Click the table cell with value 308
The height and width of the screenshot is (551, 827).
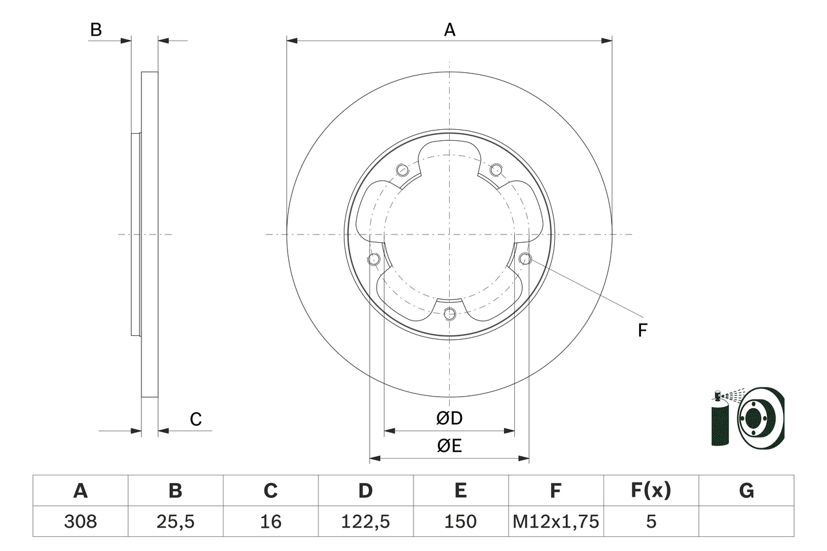[x=80, y=521]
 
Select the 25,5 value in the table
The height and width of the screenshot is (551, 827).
[x=175, y=521]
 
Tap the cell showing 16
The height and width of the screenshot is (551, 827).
[x=270, y=521]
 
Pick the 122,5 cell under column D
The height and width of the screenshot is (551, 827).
[x=365, y=521]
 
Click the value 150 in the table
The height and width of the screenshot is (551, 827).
[x=460, y=521]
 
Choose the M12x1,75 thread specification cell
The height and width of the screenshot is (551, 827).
[x=556, y=521]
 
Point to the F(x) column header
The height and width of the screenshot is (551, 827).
[x=651, y=491]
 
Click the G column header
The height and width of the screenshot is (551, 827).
[x=746, y=491]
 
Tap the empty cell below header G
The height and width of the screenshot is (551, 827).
[x=746, y=521]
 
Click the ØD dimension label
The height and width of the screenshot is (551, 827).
[x=449, y=419]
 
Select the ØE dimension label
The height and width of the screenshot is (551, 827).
[x=449, y=446]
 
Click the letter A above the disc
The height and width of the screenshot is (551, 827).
[x=450, y=30]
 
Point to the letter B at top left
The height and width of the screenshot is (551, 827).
[x=96, y=30]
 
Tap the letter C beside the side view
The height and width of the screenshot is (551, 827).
[x=196, y=420]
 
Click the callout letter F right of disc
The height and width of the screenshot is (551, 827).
[x=642, y=331]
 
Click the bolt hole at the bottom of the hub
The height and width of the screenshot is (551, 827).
[x=450, y=314]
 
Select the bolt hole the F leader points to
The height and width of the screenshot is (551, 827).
[x=525, y=259]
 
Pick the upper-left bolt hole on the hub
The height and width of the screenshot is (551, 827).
[x=403, y=170]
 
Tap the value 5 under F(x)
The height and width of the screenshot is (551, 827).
[x=651, y=521]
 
